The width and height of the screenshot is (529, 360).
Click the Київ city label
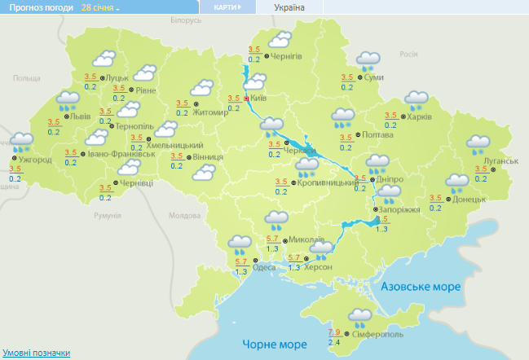pos(258,98)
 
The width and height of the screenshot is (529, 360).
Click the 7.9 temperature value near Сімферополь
pos(334,331)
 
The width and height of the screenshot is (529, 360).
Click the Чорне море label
pos(271,345)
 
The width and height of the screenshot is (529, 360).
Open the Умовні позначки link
pos(35,353)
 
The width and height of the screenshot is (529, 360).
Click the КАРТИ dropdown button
pos(227,7)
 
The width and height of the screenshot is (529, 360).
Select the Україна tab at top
pos(289,7)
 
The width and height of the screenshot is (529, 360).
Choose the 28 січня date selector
pos(99,7)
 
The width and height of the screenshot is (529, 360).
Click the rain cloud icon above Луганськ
pos(478,145)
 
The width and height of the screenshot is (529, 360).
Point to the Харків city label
pos(419,116)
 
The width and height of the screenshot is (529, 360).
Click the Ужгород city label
pos(34,160)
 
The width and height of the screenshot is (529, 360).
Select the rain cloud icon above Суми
pos(368,60)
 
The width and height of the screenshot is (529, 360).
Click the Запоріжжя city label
pos(399,209)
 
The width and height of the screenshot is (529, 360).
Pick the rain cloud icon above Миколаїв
pos(277,219)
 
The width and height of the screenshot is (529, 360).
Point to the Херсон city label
pos(319,267)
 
